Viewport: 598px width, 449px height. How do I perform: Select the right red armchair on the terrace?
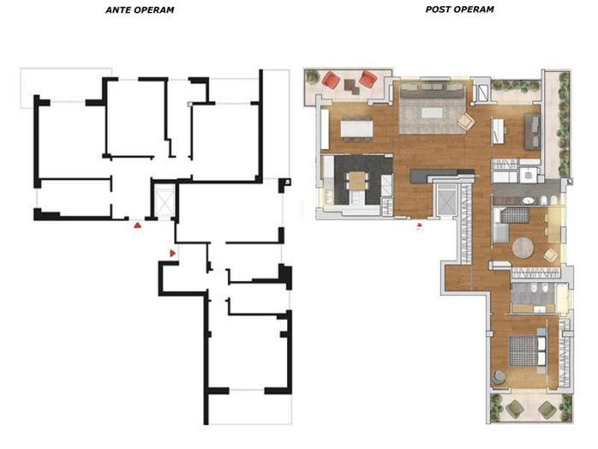coord(367,80)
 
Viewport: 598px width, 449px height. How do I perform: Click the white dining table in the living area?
coord(357,129)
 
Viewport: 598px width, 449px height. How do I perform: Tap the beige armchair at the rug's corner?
coord(466,121)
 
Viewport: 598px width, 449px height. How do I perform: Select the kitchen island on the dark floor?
coord(357,180)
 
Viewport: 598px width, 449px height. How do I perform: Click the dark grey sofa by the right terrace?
coord(531,128)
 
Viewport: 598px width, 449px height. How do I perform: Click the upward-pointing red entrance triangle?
coord(137,226)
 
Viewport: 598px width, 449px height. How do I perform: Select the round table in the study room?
coord(522,247)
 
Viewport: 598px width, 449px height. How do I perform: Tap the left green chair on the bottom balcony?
coord(514,409)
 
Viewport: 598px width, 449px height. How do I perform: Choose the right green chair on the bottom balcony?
coord(546,409)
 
